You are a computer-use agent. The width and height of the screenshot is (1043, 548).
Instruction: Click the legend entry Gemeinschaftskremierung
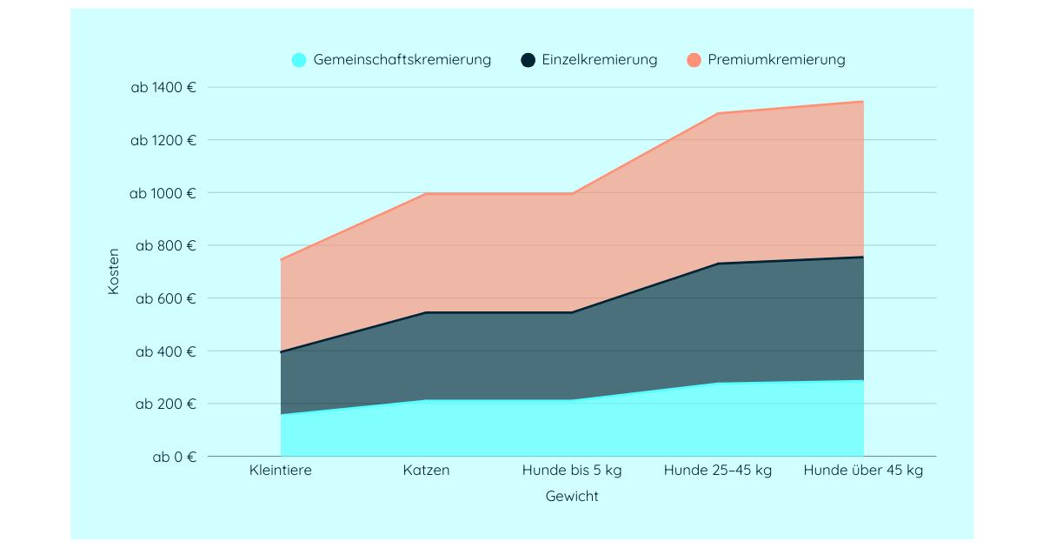pos(402,60)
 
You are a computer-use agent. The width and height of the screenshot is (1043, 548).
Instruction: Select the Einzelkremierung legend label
pos(599,60)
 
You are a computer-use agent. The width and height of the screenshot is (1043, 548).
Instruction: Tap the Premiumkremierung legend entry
pos(776,60)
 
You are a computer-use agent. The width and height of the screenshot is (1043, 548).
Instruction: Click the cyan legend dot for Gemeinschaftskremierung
pos(299,60)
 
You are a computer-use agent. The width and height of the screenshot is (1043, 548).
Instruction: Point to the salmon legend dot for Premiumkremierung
pos(694,60)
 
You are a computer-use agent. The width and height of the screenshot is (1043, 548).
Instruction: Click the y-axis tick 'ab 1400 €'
pos(163,87)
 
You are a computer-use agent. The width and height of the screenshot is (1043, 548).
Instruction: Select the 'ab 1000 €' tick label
pos(163,193)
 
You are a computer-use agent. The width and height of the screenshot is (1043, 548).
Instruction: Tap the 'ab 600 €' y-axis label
pos(166,298)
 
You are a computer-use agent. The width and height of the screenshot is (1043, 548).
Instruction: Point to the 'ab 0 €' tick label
pos(175,457)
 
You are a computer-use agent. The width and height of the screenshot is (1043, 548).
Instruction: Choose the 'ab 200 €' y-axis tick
pos(166,404)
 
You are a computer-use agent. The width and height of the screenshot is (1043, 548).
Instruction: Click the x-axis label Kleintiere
pos(281,471)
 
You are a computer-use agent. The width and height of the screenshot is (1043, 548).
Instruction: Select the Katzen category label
pos(427,471)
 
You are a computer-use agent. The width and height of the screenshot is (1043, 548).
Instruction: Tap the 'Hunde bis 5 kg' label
pos(572,471)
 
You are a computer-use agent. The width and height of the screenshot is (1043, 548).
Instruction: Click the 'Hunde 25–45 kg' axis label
pos(718,471)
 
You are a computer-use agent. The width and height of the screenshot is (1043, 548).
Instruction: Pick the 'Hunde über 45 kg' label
pos(863,471)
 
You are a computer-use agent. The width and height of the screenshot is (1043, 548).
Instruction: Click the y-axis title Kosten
pos(114,271)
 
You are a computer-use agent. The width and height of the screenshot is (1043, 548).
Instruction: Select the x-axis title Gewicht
pos(572,497)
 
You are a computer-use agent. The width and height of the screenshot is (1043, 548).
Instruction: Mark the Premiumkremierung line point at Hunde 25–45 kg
pos(718,113)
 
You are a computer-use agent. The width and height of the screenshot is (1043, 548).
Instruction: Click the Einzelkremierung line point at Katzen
pos(427,312)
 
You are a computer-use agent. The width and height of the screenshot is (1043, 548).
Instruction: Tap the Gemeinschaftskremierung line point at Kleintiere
pos(281,415)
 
